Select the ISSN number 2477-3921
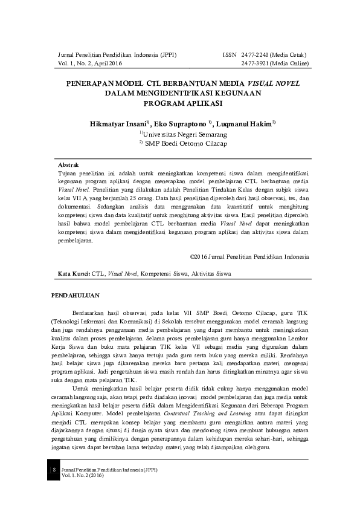point(254,63)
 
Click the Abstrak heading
point(68,164)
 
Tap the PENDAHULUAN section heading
point(76,296)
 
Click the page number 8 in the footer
point(54,469)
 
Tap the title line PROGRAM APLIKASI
point(179,103)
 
